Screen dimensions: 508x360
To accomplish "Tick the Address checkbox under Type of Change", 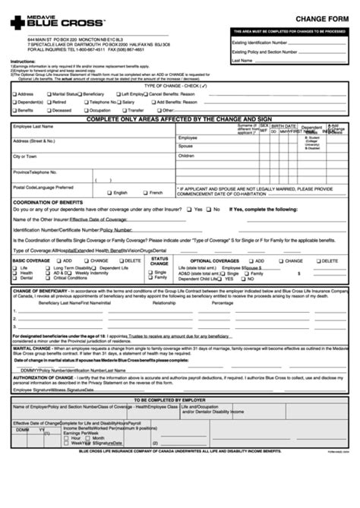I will [x=11, y=93].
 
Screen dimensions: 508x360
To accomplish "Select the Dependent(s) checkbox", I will [x=11, y=101].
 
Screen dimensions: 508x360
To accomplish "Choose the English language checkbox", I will [x=108, y=193].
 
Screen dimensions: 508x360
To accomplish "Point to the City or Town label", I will [x=27, y=156].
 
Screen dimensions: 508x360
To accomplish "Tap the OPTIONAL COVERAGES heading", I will [x=216, y=260].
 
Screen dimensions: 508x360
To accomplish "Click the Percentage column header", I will [x=223, y=302].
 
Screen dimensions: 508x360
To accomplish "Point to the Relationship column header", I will [x=164, y=302].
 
